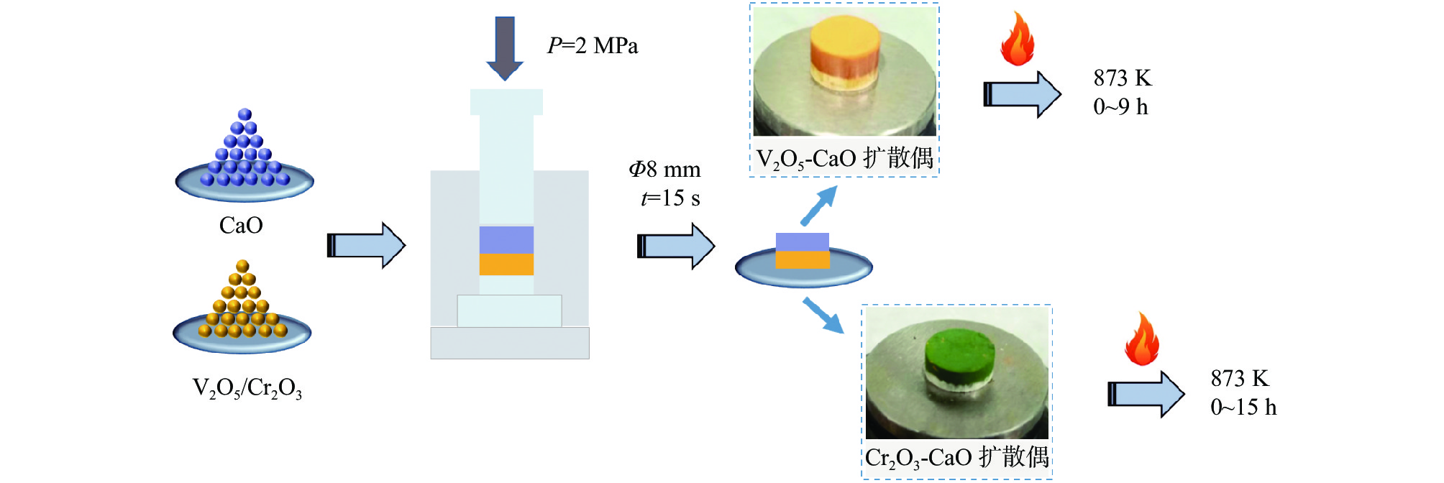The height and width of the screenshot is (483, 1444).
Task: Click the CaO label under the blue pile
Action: tap(241, 226)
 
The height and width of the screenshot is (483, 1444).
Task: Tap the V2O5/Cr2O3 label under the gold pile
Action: tap(247, 388)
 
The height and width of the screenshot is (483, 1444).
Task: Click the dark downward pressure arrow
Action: tap(505, 47)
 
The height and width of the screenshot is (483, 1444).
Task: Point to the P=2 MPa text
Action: tap(592, 46)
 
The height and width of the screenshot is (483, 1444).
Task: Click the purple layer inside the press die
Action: tap(506, 240)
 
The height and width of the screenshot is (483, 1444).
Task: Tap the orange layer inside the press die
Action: tap(506, 264)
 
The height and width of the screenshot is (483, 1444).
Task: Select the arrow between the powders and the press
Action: tap(367, 245)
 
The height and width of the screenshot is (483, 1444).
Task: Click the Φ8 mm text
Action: tap(664, 170)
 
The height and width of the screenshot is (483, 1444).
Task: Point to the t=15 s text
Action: tap(670, 198)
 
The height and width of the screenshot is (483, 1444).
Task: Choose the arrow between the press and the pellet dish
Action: tap(676, 246)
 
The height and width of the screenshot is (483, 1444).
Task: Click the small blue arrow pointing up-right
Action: tap(820, 205)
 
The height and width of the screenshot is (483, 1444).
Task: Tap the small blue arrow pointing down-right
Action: tap(823, 315)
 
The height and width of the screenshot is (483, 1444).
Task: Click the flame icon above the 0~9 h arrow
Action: tap(1018, 39)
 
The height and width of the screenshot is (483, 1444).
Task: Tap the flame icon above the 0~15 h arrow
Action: tap(1142, 339)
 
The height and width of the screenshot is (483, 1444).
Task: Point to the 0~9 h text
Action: tap(1120, 107)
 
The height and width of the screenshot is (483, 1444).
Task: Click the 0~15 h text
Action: tap(1243, 408)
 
